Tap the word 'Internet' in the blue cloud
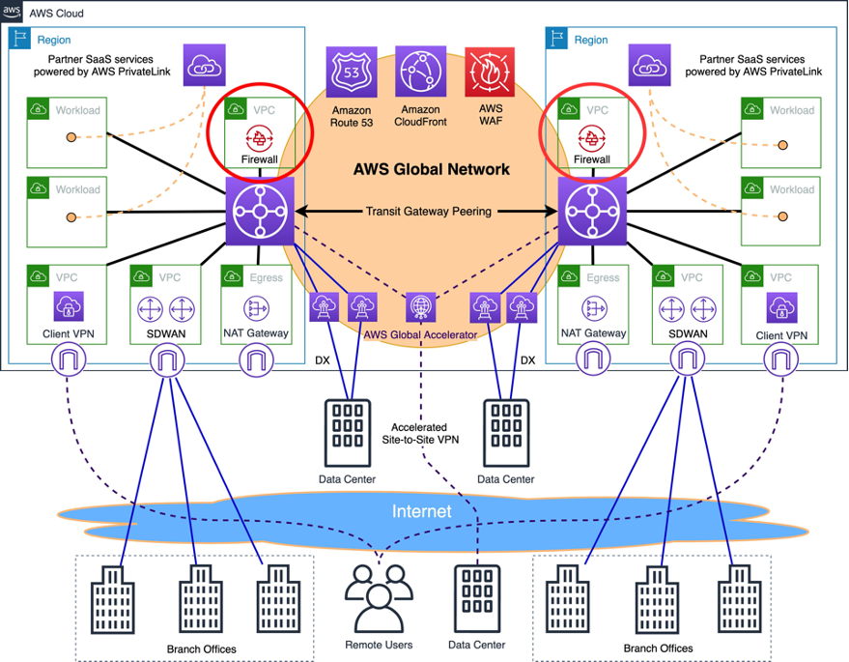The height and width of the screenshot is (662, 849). pos(421,511)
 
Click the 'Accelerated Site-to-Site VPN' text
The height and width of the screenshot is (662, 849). pos(426,432)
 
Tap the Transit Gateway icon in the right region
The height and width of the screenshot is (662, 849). pos(591,211)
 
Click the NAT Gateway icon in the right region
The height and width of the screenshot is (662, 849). pos(592,309)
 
